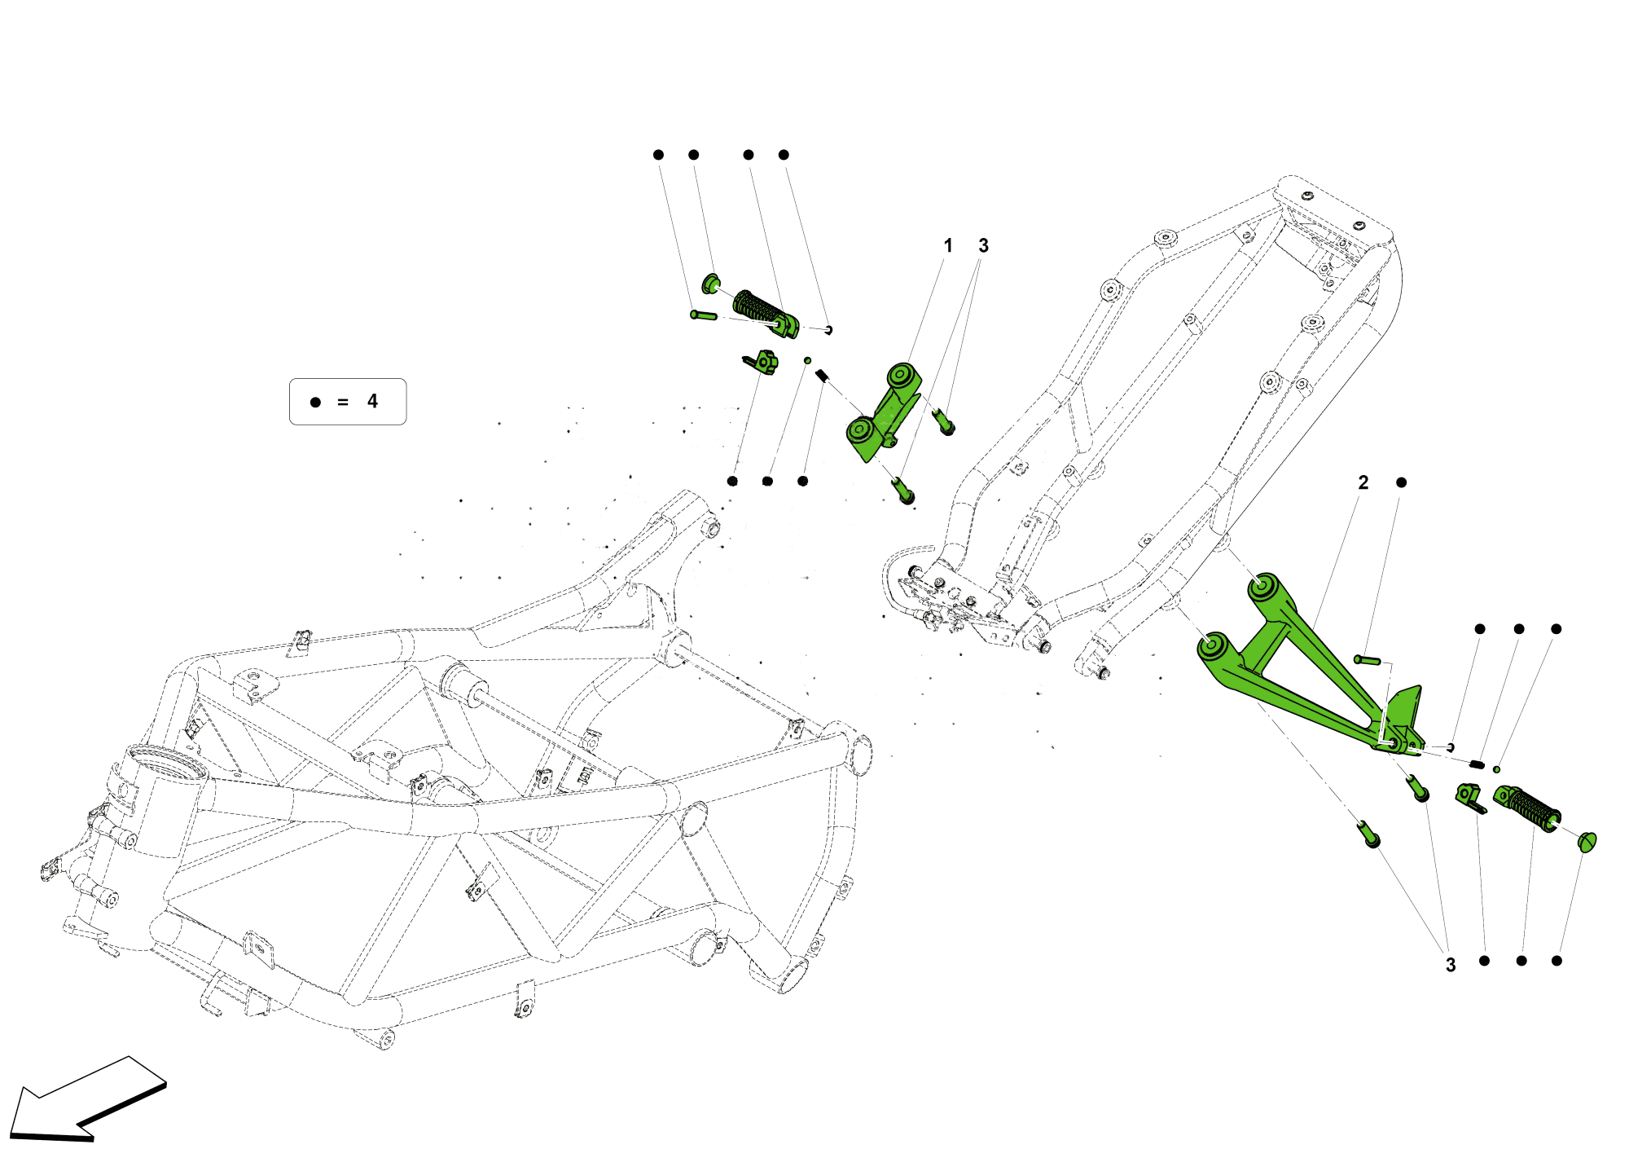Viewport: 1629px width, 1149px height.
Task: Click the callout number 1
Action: pyautogui.click(x=947, y=245)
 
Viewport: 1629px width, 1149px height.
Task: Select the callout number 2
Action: pyautogui.click(x=1363, y=482)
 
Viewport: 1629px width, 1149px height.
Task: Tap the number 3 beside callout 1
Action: pyautogui.click(x=983, y=245)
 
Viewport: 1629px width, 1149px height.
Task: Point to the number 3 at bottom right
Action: pyautogui.click(x=1451, y=965)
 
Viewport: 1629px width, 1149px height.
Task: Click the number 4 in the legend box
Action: pyautogui.click(x=372, y=401)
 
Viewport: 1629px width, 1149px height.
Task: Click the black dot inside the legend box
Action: pyautogui.click(x=315, y=402)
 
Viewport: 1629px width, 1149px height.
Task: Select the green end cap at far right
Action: pyautogui.click(x=1587, y=842)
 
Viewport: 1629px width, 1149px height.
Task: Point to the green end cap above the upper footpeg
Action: pyautogui.click(x=711, y=284)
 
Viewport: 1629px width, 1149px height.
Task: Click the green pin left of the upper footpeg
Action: pyautogui.click(x=703, y=315)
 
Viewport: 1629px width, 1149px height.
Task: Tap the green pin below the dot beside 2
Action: pyautogui.click(x=1368, y=660)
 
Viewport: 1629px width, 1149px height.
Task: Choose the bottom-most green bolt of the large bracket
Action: pyautogui.click(x=1368, y=836)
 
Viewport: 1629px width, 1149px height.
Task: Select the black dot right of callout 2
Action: pyautogui.click(x=1401, y=482)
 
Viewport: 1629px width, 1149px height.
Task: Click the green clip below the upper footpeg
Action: pyautogui.click(x=762, y=361)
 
